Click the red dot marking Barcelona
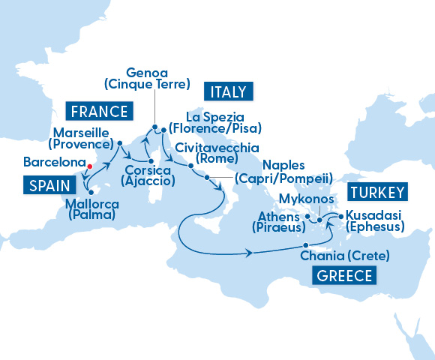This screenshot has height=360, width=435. click(89, 166)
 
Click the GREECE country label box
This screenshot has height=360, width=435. click(344, 275)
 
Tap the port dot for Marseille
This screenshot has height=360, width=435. click(120, 142)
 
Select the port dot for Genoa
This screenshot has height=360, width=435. click(154, 127)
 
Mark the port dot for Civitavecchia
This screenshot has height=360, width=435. click(190, 165)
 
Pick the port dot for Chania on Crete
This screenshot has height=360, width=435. click(305, 245)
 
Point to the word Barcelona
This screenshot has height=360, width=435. click(53, 162)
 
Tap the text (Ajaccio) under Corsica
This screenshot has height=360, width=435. click(148, 181)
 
